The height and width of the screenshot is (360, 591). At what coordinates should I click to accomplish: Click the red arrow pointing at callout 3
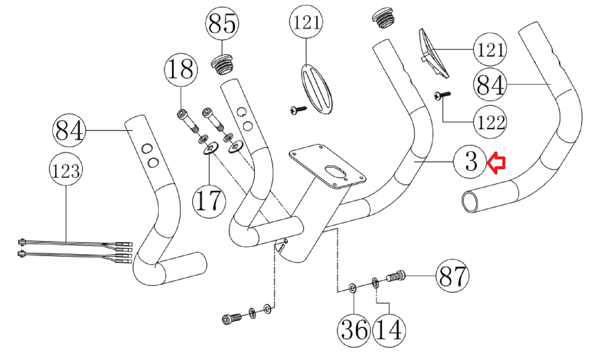(496, 163)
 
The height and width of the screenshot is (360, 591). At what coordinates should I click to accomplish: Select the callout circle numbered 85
(222, 24)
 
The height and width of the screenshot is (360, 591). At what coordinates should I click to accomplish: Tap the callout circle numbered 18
(181, 70)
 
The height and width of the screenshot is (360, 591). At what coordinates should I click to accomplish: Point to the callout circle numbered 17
(209, 201)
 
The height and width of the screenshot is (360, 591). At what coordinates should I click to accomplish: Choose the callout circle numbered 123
(66, 169)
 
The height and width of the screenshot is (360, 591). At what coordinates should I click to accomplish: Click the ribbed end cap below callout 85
(222, 65)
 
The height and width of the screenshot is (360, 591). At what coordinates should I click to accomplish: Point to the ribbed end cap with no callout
(383, 18)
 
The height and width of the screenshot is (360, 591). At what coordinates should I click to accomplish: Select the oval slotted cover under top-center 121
(317, 89)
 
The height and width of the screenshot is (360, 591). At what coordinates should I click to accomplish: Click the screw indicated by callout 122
(443, 95)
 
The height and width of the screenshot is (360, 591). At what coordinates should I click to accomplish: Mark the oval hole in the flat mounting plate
(336, 171)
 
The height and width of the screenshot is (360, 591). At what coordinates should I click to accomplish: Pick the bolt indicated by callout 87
(396, 276)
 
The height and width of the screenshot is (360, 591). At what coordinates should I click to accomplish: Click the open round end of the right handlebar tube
(470, 202)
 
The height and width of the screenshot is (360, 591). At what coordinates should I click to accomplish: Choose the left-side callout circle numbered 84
(69, 131)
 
